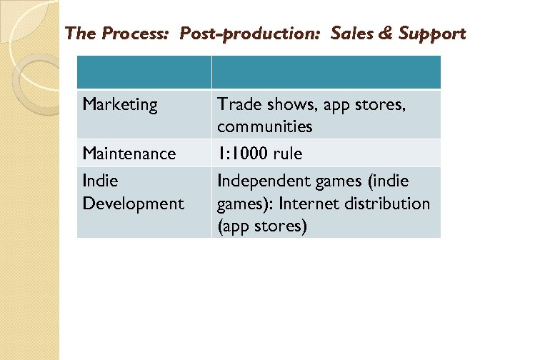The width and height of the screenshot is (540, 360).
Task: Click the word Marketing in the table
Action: pyautogui.click(x=119, y=105)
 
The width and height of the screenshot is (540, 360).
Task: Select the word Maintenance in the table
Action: pyautogui.click(x=129, y=154)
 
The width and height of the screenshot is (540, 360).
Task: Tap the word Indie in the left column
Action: pyautogui.click(x=100, y=181)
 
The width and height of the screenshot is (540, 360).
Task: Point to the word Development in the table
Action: pyautogui.click(x=133, y=204)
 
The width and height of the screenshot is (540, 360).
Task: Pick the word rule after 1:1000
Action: pyautogui.click(x=287, y=154)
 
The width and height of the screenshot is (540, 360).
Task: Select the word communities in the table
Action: pyautogui.click(x=264, y=127)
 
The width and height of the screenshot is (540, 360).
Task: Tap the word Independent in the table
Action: pyautogui.click(x=264, y=181)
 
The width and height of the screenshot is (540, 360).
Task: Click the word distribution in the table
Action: pyautogui.click(x=385, y=204)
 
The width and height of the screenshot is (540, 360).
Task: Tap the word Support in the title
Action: pyautogui.click(x=432, y=34)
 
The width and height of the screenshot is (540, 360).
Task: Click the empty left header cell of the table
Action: pyautogui.click(x=144, y=73)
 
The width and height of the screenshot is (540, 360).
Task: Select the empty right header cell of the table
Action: pyautogui.click(x=326, y=73)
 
